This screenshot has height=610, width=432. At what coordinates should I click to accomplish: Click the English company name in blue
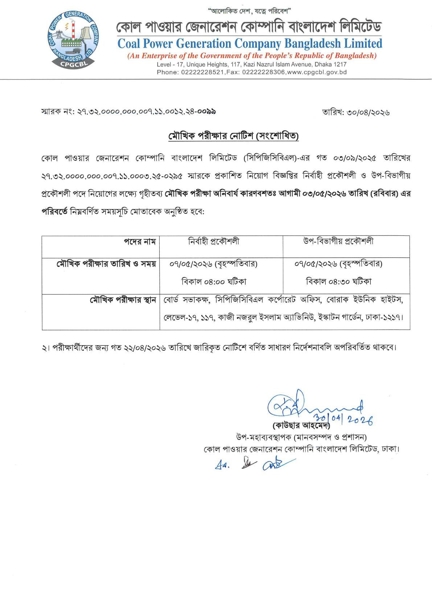[250, 44]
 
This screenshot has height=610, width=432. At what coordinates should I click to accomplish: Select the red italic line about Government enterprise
[252, 56]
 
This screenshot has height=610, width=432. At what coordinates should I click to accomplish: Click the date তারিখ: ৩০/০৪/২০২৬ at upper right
[356, 113]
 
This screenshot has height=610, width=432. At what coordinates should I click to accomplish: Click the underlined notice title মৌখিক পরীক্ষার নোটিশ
[234, 137]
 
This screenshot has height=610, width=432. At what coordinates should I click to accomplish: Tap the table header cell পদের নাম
[140, 242]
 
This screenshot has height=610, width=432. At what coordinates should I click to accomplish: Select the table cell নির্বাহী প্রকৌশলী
[214, 242]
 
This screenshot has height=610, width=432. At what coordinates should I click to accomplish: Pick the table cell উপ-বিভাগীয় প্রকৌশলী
[338, 242]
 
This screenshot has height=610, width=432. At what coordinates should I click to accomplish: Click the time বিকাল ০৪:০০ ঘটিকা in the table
[214, 281]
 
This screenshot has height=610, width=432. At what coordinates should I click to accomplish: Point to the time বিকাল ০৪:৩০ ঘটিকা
[338, 281]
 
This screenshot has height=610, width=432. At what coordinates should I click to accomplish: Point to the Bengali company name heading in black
[249, 27]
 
